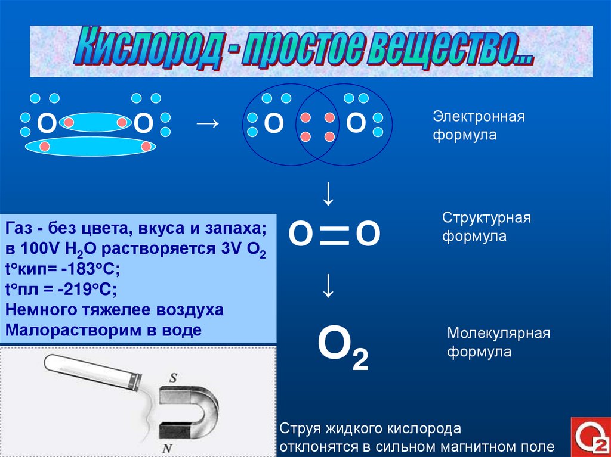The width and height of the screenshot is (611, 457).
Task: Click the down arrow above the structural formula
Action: [328, 194]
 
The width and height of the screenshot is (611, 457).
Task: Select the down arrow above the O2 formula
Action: [328, 287]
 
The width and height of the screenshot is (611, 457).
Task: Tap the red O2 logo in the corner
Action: [590, 437]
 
